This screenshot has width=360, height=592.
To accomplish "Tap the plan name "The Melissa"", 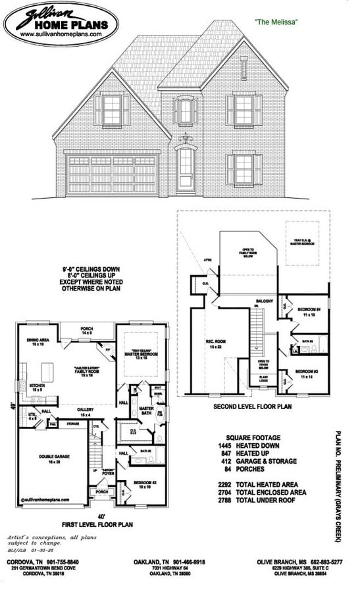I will point(276,22).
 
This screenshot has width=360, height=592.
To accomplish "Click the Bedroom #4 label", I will point(307,312).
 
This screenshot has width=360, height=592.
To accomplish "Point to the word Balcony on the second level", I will point(265,301).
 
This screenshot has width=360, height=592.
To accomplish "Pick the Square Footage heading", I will point(253,437).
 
